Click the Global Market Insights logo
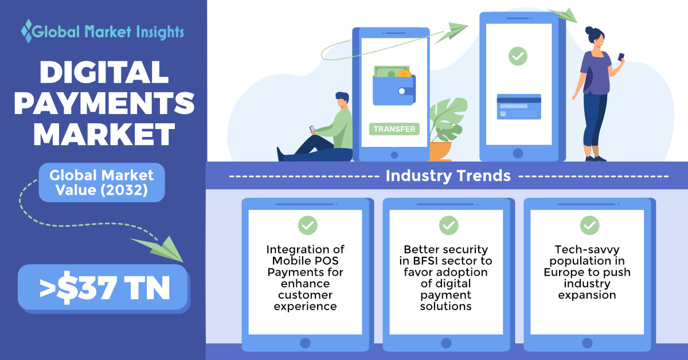pos(103,32)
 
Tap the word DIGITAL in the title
pos(104,72)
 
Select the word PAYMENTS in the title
pos(104,103)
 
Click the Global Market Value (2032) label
pos(101,182)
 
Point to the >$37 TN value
pos(104,288)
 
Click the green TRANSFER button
pos(394,129)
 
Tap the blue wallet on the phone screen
pos(394,90)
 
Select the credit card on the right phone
pos(519,107)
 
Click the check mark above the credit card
pos(518,56)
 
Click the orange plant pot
pos(440,151)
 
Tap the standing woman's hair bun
pos(589,30)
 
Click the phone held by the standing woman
pos(621,57)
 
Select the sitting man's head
pos(342,100)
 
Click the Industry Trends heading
pos(448,175)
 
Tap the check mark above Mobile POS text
pos(307,225)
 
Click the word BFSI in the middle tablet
pos(427,261)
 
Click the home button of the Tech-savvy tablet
pos(587,343)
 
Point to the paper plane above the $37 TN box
pos(158,249)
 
